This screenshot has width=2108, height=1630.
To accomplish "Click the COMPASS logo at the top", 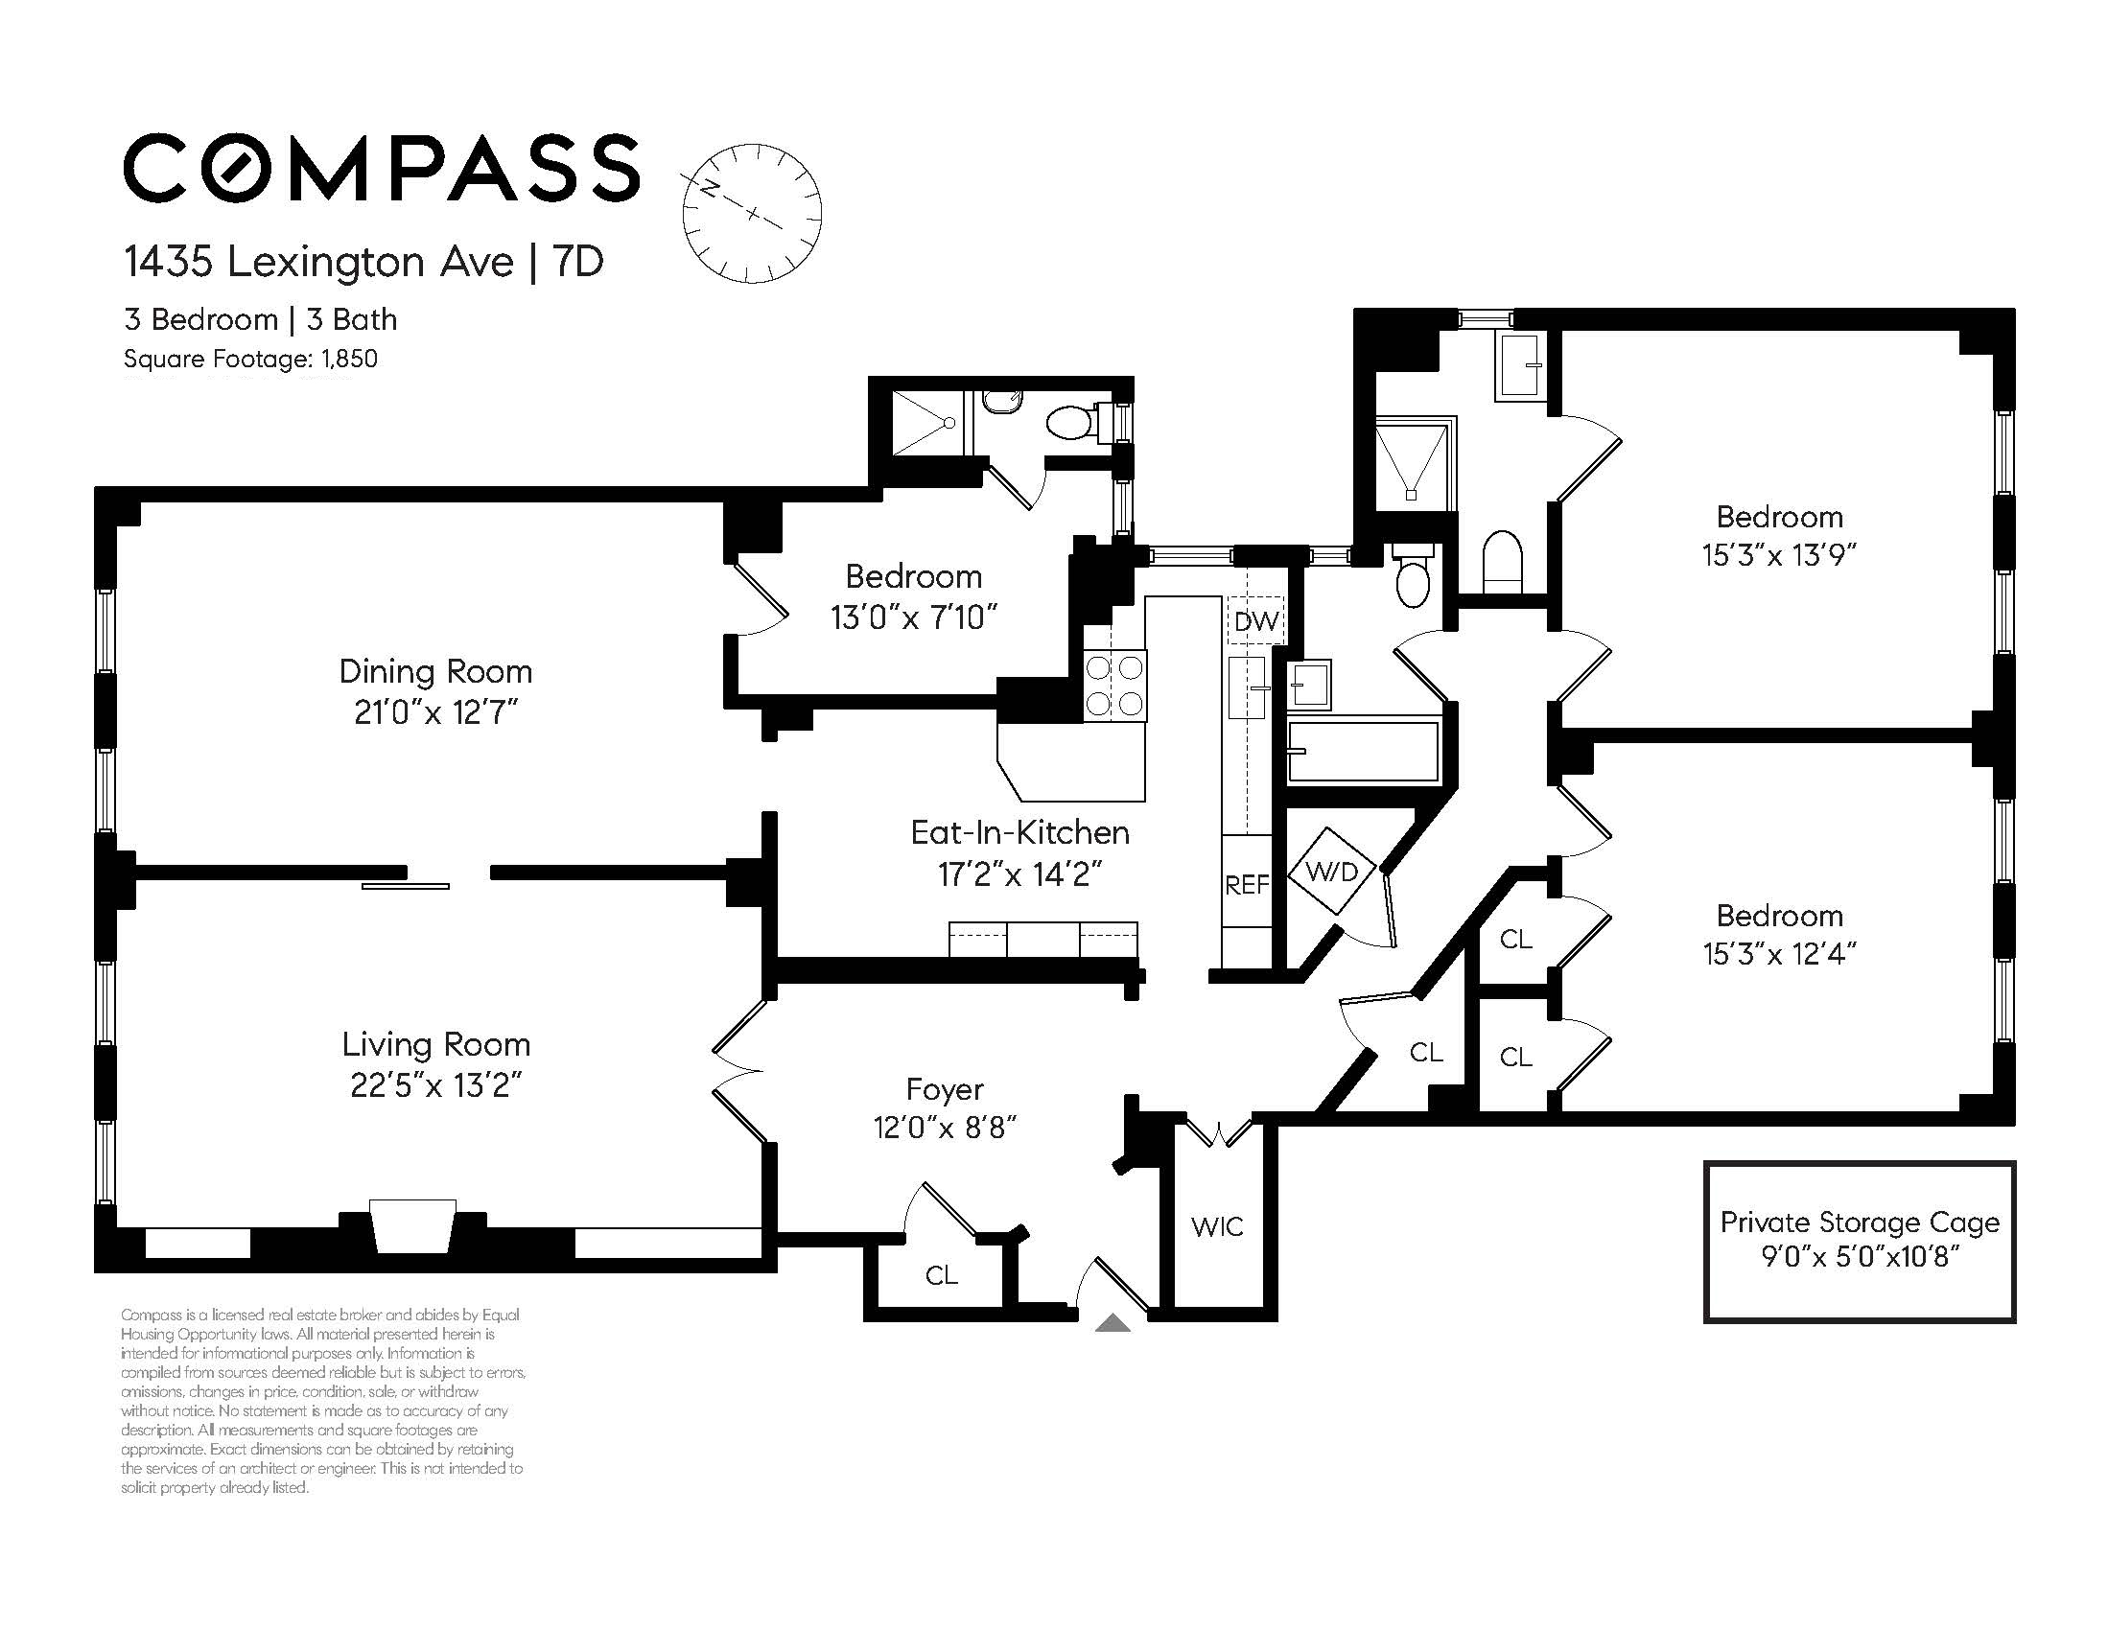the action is click(x=382, y=168).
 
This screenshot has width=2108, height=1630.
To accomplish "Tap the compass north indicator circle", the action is click(x=752, y=213).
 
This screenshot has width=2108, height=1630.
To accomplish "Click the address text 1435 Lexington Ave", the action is click(x=319, y=262).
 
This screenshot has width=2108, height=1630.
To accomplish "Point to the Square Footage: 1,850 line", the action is click(x=251, y=359).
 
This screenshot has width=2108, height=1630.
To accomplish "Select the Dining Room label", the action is click(x=435, y=671).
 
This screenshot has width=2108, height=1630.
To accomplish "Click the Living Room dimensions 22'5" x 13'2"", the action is click(x=436, y=1085).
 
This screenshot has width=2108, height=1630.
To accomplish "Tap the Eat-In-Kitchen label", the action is click(x=1020, y=832).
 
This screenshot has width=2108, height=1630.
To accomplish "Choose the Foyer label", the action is click(x=945, y=1089).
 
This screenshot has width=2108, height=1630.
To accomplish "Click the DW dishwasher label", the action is click(x=1256, y=621).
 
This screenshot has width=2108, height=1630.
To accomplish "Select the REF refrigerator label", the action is click(x=1246, y=885).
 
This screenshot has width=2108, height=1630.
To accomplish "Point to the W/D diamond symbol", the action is click(x=1333, y=872).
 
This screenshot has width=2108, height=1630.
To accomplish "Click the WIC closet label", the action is click(x=1217, y=1226).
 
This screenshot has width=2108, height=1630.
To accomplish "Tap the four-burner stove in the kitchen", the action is click(x=1114, y=686).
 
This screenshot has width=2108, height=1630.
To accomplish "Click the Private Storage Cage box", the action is click(x=1860, y=1241).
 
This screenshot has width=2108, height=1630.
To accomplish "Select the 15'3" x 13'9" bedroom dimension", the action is click(x=1780, y=556).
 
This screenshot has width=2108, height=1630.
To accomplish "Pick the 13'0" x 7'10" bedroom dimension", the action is click(x=914, y=617).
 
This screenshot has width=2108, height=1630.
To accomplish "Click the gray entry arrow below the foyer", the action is click(x=1113, y=1322).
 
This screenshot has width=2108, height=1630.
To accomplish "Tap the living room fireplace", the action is click(x=413, y=1226).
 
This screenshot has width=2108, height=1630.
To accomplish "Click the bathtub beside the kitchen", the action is click(x=1364, y=751).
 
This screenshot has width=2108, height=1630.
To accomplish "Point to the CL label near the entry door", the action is click(x=941, y=1276).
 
